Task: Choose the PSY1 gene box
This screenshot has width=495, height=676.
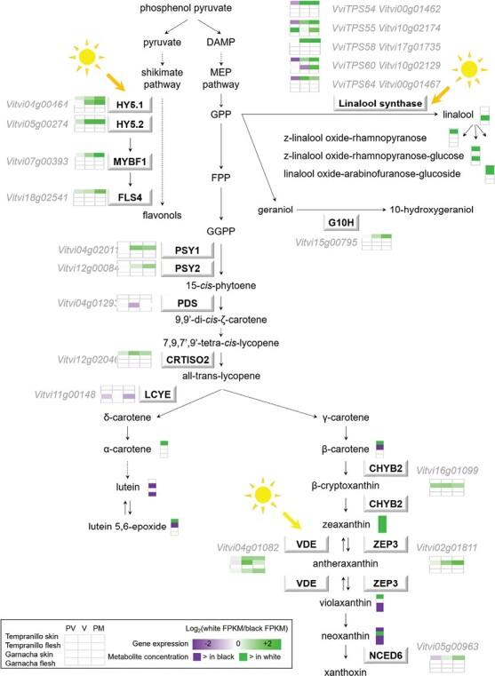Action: point(184,249)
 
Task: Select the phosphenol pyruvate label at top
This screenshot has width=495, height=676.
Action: point(188,8)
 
